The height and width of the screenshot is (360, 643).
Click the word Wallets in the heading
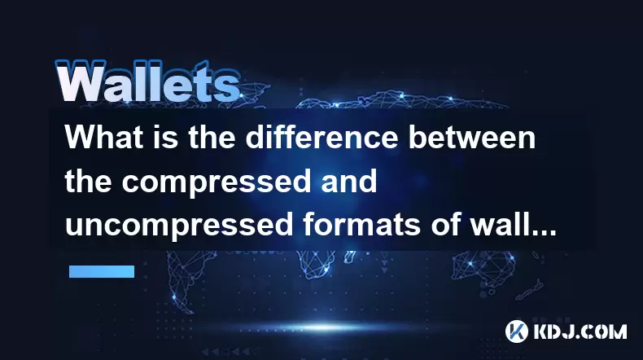[147, 81]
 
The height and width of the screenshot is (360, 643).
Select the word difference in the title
[321, 137]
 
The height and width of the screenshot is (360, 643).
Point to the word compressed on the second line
[217, 183]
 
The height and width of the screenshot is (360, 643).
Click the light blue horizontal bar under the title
[102, 271]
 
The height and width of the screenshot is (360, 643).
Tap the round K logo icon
[517, 331]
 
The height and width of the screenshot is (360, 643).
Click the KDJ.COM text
[580, 331]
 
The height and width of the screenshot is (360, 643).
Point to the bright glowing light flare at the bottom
[324, 327]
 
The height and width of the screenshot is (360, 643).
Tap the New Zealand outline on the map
[530, 289]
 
